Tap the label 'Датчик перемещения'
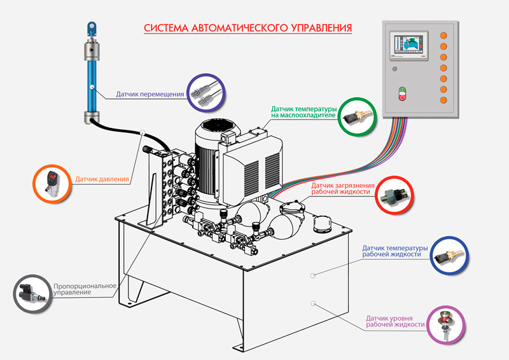[x=150, y=94]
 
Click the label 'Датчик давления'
[x=102, y=179]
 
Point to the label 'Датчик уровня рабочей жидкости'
[x=395, y=320]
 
